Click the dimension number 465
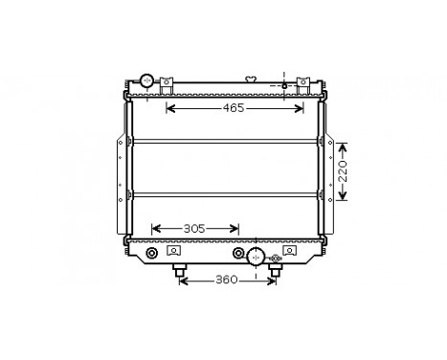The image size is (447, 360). pyautogui.click(x=234, y=108)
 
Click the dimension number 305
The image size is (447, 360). pyautogui.click(x=194, y=229)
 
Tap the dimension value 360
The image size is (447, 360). pyautogui.click(x=226, y=281)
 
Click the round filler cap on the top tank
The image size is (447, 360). pyautogui.click(x=147, y=80)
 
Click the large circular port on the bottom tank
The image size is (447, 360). pyautogui.click(x=256, y=256)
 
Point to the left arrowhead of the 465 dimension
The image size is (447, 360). pyautogui.click(x=170, y=108)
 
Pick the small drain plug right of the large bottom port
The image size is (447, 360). pyautogui.click(x=276, y=257)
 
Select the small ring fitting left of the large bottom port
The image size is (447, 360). pyautogui.click(x=238, y=254)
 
